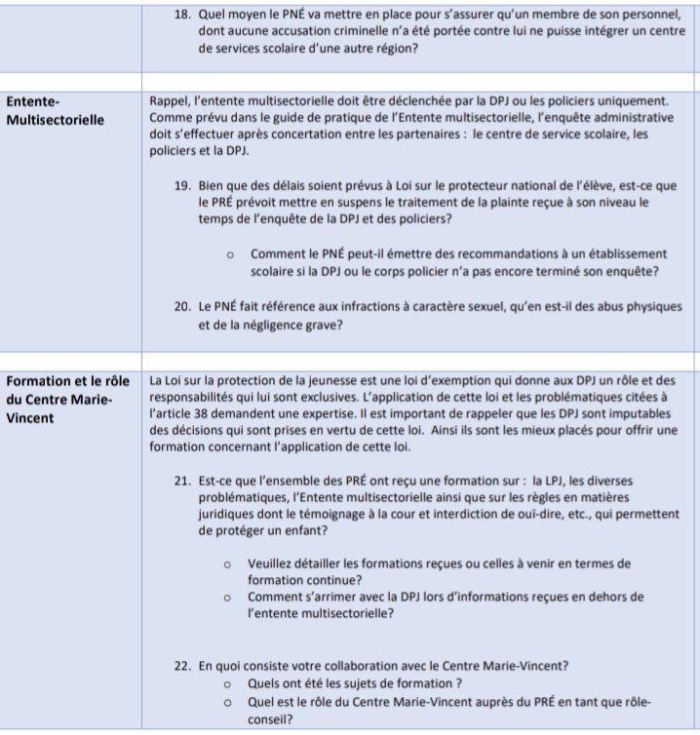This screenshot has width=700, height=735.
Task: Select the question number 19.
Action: pyautogui.click(x=182, y=185)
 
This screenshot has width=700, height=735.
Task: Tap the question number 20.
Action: pyautogui.click(x=182, y=306)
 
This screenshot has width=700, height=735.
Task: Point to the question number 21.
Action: pyautogui.click(x=182, y=481)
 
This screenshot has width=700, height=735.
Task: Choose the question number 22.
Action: pyautogui.click(x=182, y=666)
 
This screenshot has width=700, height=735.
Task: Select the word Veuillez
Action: pyautogui.click(x=274, y=563)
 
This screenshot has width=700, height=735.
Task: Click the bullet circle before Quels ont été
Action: pyautogui.click(x=227, y=684)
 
